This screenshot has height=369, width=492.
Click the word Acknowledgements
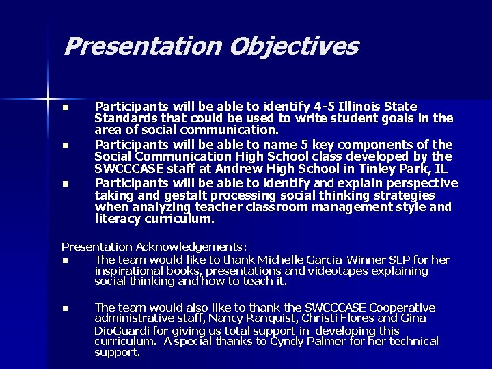[x=191, y=247]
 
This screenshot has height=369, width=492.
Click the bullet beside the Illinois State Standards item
[x=65, y=107]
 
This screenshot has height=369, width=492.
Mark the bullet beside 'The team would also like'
[x=65, y=308]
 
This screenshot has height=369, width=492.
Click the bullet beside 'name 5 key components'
[x=65, y=145]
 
